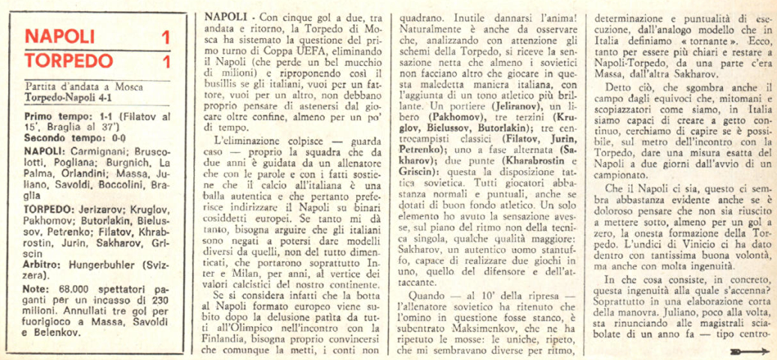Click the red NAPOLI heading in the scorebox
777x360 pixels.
(60, 37)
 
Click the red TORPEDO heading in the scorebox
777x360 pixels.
(67, 59)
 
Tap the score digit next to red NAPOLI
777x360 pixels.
(165, 37)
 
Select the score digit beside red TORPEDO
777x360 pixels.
(165, 59)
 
